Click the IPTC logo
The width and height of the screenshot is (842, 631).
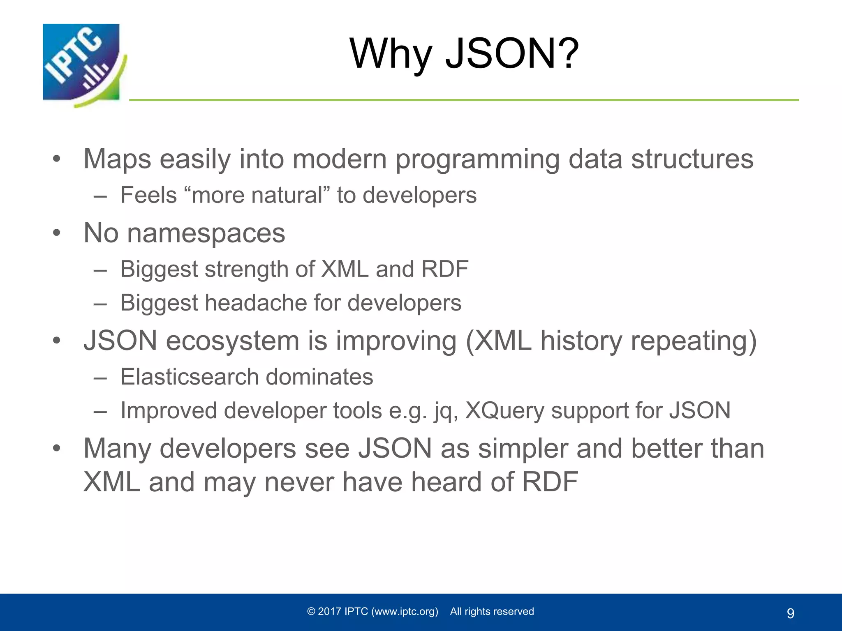point(82,64)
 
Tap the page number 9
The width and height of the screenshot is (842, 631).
point(790,613)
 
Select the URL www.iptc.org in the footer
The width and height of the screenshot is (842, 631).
point(405,612)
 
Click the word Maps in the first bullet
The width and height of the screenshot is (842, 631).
point(117,159)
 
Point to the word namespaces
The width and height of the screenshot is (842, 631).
point(206,233)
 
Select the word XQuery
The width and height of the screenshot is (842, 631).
point(504,410)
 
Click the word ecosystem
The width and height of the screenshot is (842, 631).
point(232,341)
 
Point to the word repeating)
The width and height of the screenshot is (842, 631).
point(693,341)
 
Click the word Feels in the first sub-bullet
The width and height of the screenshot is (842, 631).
point(148,195)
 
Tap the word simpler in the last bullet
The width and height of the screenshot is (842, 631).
point(522,448)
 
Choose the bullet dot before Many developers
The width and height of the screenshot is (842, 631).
point(56,448)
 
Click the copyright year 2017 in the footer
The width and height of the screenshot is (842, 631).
point(329,612)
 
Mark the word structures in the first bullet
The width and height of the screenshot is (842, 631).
point(692,159)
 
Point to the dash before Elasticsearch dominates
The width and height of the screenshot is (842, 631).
point(100,378)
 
